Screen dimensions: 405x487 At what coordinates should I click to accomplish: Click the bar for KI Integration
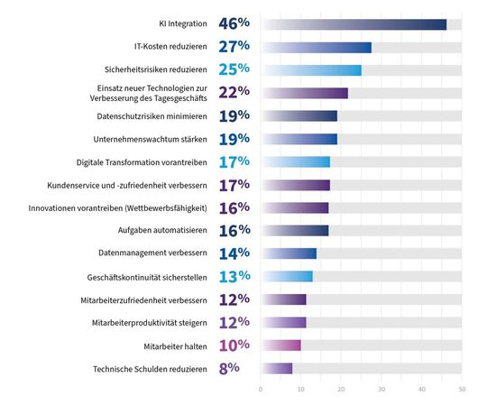354,24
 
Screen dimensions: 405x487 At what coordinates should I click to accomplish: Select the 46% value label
231,24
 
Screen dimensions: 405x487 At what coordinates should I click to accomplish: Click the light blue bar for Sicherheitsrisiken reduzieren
311,70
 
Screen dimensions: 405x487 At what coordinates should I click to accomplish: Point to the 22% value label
231,93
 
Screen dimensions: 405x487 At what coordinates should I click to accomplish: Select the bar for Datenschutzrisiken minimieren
299,116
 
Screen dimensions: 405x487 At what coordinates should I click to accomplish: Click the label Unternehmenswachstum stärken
152,140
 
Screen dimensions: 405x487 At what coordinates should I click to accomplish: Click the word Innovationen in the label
73,208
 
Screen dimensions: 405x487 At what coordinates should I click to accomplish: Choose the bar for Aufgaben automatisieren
294,231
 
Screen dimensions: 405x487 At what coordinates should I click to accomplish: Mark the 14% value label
231,254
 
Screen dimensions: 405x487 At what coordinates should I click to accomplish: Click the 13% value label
231,277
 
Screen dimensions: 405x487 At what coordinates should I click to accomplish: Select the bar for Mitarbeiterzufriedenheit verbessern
284,299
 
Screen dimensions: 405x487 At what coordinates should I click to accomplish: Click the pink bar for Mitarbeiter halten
281,345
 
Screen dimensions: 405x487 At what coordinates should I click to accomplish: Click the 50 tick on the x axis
462,390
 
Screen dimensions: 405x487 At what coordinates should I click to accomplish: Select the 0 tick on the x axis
261,390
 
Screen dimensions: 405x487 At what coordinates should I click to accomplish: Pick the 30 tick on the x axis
381,390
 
